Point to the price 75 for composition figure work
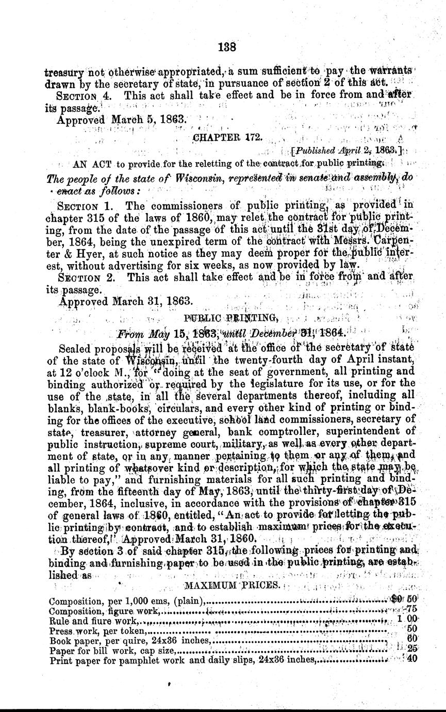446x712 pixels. (411, 609)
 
